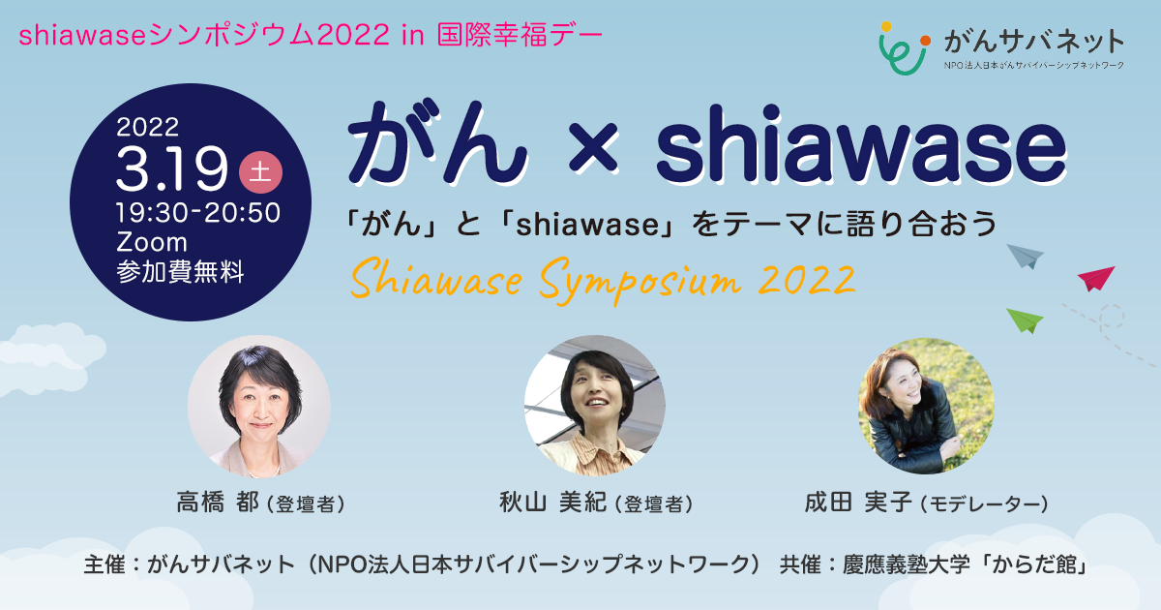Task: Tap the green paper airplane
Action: tap(1025, 320)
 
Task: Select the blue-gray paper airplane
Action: tap(1026, 257)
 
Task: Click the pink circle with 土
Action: tap(260, 172)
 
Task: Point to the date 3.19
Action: tap(171, 168)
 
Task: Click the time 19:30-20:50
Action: tap(198, 213)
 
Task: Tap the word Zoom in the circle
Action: tap(151, 242)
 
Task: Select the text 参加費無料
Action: tap(180, 271)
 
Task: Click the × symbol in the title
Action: tap(593, 147)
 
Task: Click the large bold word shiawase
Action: tap(861, 142)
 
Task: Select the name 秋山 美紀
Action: tap(552, 503)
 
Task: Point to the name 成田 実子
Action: tap(858, 503)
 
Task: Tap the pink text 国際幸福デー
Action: tap(520, 35)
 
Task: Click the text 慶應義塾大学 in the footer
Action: tap(906, 564)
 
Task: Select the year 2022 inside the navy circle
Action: tap(148, 127)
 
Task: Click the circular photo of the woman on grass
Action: tap(926, 406)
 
